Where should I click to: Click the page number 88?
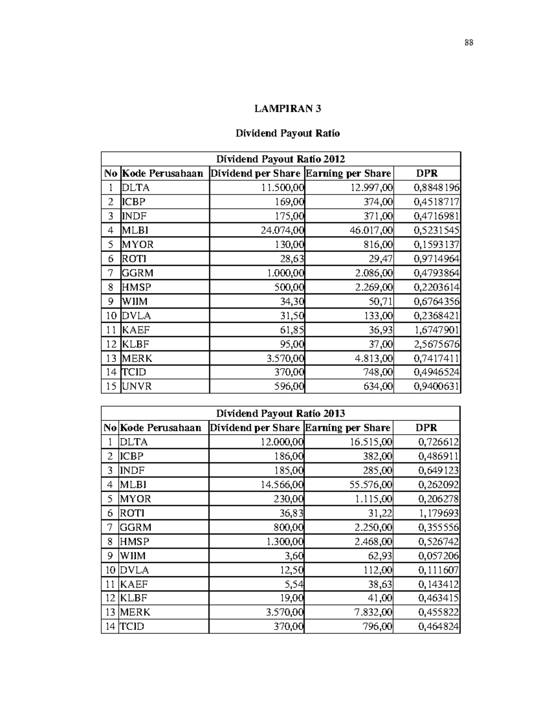(468, 43)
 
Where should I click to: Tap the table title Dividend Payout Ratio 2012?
(280, 159)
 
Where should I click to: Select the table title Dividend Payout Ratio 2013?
(280, 414)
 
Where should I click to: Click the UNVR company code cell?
(137, 386)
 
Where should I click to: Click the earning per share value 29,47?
(380, 259)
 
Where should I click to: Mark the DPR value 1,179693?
(438, 513)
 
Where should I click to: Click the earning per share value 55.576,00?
(371, 485)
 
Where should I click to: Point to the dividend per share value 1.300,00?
(285, 541)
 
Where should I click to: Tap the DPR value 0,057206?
(438, 556)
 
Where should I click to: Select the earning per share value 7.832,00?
(373, 613)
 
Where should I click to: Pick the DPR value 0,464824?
(438, 627)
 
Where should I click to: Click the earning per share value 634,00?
(378, 386)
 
